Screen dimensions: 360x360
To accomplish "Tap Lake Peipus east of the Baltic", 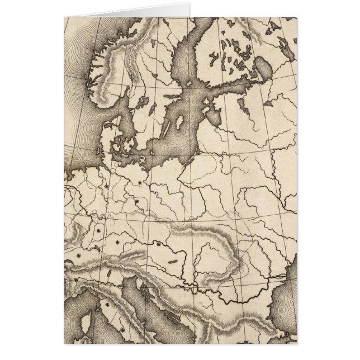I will pyautogui.click(x=241, y=105).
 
